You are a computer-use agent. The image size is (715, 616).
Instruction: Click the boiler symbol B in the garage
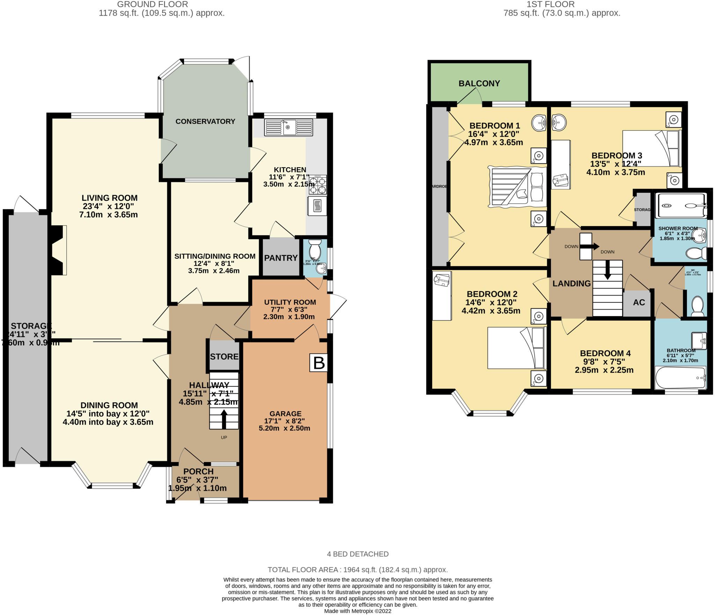(x=319, y=363)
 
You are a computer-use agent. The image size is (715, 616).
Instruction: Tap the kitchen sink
(x=289, y=127)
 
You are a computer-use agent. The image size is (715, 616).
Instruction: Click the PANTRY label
(x=281, y=258)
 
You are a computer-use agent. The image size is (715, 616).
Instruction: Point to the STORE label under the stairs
(x=224, y=357)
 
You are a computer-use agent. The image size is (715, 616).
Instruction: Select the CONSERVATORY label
(x=205, y=121)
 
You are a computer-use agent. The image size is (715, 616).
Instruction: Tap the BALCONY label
(x=479, y=83)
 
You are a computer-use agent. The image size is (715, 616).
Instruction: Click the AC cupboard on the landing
(x=639, y=302)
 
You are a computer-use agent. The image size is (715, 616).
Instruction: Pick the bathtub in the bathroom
(x=680, y=378)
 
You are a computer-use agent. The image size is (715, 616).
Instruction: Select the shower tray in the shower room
(x=681, y=206)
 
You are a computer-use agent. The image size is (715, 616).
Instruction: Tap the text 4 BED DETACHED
(x=357, y=554)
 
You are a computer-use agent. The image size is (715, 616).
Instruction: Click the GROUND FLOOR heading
(x=153, y=4)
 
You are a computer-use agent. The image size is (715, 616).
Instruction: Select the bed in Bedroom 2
(x=516, y=348)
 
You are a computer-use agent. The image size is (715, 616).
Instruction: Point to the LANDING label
(x=571, y=284)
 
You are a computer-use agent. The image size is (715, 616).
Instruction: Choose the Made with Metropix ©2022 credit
(x=357, y=611)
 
